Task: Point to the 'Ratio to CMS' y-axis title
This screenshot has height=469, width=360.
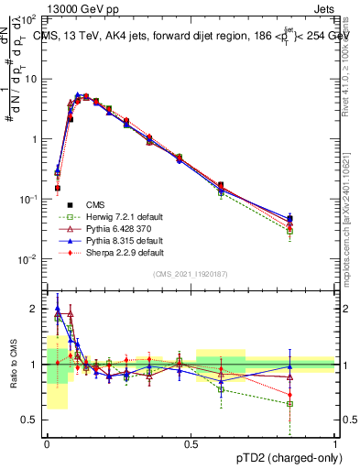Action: coord(15,365)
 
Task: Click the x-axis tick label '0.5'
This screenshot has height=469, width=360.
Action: coord(191,444)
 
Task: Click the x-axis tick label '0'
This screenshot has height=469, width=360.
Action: coord(47,444)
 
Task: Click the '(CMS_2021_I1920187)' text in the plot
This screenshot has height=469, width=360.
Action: coord(191,274)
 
